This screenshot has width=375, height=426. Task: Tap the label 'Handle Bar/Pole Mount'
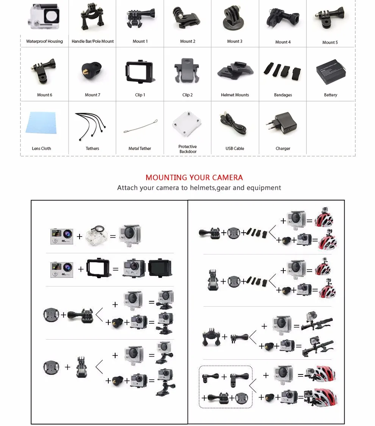tap(93, 41)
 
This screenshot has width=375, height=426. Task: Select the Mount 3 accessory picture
tap(234, 19)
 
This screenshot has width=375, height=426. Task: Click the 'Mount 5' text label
tap(330, 42)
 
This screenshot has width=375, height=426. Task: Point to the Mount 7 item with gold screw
tap(92, 72)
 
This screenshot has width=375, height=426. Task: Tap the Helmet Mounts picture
tap(235, 71)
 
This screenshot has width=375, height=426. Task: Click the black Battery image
tap(330, 70)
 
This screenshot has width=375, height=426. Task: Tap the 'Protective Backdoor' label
tap(187, 149)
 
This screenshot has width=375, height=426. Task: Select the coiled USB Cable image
tap(234, 124)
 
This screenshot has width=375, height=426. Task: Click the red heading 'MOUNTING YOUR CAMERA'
tap(194, 177)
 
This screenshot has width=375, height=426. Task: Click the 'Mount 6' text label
tap(44, 95)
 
